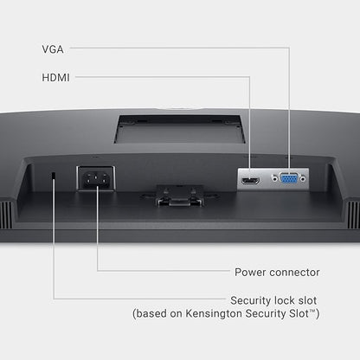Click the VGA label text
(53, 49)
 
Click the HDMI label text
(55, 77)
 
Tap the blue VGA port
(288, 179)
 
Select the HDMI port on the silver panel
(250, 181)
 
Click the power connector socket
(96, 178)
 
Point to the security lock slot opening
(54, 175)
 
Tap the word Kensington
(214, 313)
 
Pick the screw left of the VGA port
(274, 179)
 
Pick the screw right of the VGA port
(303, 179)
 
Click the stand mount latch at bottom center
(179, 196)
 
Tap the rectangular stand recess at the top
(180, 129)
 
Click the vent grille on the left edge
(6, 215)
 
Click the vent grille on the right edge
(353, 215)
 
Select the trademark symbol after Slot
(312, 311)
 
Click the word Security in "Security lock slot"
(250, 300)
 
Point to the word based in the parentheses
(151, 313)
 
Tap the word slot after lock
(307, 300)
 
